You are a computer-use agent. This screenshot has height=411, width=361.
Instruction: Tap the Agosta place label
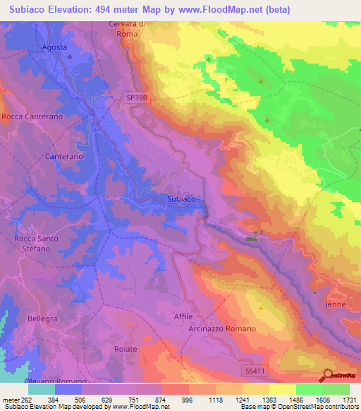point(54,47)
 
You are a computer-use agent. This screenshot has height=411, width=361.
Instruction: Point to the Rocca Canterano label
point(32,116)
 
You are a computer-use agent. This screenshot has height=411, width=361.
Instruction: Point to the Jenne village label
point(336,304)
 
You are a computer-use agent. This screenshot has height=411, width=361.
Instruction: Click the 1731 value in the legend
point(347,400)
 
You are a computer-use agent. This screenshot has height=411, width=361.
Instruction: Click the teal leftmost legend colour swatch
point(42,389)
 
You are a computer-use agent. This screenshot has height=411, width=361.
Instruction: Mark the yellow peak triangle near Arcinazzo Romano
point(261,306)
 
